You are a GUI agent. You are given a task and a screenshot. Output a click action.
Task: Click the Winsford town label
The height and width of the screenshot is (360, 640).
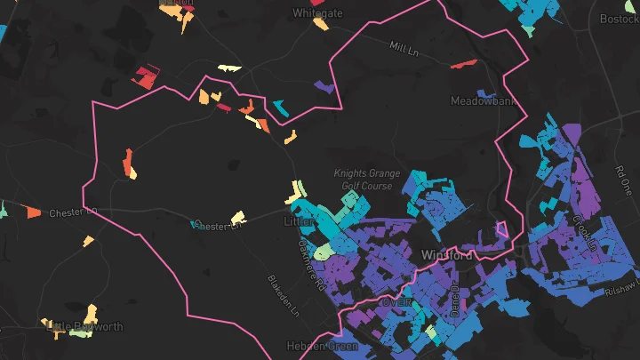(443, 256)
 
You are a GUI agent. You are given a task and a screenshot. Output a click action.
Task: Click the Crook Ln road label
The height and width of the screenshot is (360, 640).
(581, 230)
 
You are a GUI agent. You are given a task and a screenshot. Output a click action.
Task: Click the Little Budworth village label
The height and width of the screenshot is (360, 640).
(84, 327)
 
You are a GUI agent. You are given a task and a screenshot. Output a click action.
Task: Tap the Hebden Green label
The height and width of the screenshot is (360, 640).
(322, 346)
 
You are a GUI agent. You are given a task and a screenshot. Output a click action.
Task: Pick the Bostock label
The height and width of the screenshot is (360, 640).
(620, 19)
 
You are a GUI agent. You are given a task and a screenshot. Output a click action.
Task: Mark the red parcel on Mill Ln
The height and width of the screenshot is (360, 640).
(464, 63)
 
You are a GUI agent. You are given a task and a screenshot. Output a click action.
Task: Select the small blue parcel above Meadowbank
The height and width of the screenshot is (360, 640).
(484, 92)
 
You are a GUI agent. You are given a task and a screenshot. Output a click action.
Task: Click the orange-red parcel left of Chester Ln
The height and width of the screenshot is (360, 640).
(33, 212)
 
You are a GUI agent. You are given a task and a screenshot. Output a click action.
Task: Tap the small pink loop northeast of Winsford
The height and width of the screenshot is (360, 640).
(501, 229)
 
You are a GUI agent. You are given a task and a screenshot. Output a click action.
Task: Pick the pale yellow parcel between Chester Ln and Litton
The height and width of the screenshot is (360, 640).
(237, 217)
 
